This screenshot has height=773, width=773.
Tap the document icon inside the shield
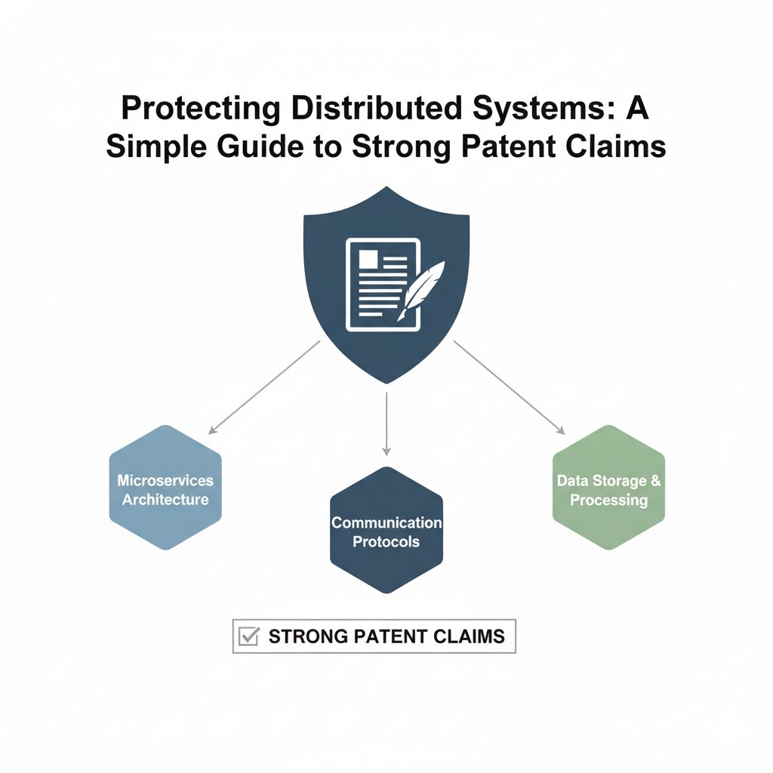tap(382, 284)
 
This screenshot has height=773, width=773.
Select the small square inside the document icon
tap(368, 259)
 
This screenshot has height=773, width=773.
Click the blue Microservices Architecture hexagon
tap(165, 488)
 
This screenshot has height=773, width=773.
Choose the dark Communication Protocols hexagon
tap(386, 531)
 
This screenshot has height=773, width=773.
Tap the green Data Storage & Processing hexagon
tap(608, 488)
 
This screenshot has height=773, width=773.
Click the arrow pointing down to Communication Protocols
tap(386, 423)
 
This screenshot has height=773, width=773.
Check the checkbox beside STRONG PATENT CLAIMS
tap(248, 636)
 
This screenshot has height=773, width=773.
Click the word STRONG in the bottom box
tap(306, 636)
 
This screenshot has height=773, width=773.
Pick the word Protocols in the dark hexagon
tap(386, 542)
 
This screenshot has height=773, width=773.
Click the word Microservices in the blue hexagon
tap(165, 480)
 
